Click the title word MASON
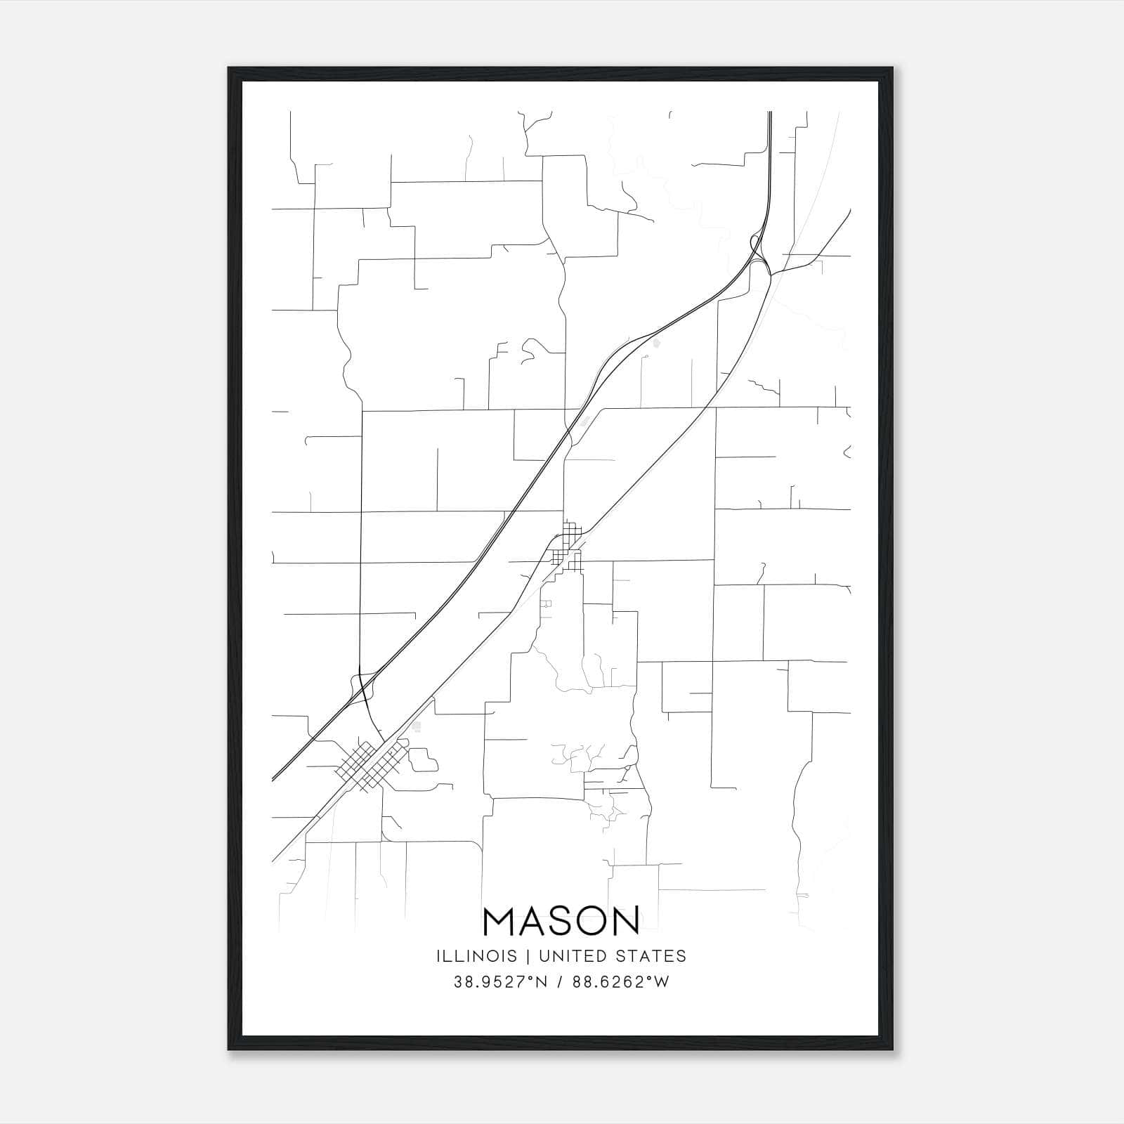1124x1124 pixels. (x=561, y=921)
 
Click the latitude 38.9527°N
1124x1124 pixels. (x=499, y=983)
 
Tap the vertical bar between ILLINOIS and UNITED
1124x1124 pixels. (x=521, y=956)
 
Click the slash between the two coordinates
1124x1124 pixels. (x=559, y=983)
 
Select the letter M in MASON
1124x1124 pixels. (x=500, y=921)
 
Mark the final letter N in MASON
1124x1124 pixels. (x=625, y=921)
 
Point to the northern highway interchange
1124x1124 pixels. (x=761, y=256)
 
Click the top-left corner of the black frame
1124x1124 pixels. (x=229, y=68)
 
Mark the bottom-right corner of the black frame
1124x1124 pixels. (x=893, y=1050)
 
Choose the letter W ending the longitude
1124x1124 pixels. (x=662, y=983)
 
